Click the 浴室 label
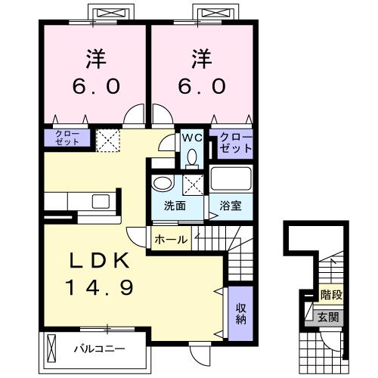(x=230, y=206)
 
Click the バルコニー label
(x=98, y=349)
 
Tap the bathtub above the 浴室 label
(x=230, y=180)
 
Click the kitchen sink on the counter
(x=101, y=202)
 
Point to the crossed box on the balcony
(x=51, y=349)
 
